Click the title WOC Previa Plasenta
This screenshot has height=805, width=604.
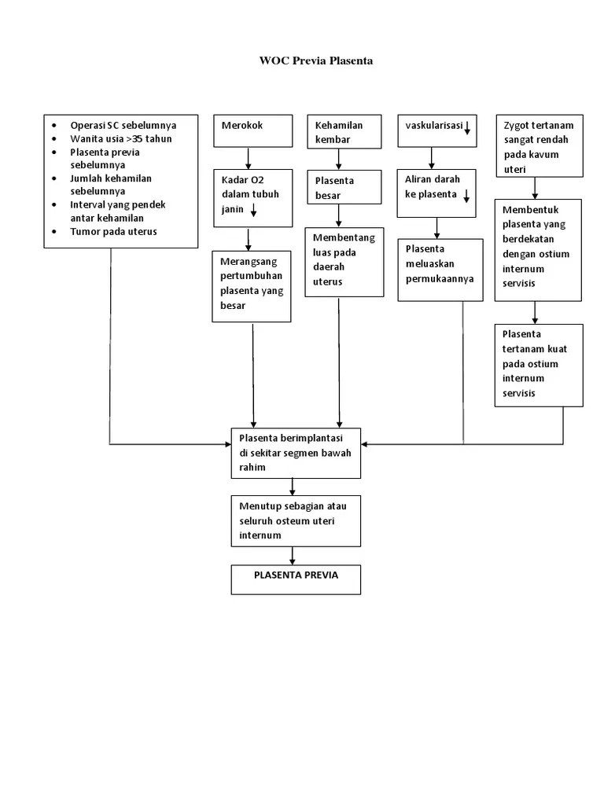pos(316,61)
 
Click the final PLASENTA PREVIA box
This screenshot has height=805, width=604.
pos(296,579)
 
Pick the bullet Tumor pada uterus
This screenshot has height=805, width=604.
pos(113,231)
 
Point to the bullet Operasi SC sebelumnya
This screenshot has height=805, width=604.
pos(123,125)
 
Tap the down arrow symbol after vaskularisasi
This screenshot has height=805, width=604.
pos(466,127)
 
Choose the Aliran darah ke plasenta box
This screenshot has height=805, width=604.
pos(436,193)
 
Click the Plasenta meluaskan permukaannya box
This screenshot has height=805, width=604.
pos(440,270)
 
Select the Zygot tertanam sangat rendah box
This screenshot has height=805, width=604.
pos(539,146)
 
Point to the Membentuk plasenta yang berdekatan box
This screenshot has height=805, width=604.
pos(538,250)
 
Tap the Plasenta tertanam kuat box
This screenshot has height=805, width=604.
pos(539,364)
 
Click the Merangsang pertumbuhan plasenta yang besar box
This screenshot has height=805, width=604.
pos(252,286)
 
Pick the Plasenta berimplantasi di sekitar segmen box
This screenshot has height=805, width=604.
pos(296,453)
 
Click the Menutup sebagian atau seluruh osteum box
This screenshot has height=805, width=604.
pos(296,520)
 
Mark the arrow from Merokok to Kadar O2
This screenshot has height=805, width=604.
pos(249,158)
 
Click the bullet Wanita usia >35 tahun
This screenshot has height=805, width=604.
pos(120,139)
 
